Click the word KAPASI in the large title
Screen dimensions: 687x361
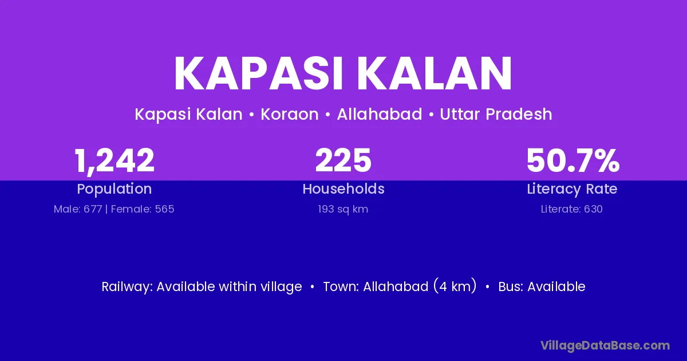[x=258, y=73]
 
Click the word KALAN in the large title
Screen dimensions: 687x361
[x=435, y=73]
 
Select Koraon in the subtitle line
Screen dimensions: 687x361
[x=290, y=114]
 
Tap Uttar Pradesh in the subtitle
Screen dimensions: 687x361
[x=496, y=114]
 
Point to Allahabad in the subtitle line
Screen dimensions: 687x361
[x=380, y=114]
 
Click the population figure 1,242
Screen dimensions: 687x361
[x=114, y=161]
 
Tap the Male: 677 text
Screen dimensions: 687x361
[x=78, y=209]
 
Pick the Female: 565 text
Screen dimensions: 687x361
[x=143, y=209]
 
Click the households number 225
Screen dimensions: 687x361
[x=343, y=160]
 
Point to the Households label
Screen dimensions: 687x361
[x=343, y=189]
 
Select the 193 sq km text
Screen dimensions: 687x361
[x=343, y=209]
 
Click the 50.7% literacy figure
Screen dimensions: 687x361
[x=573, y=160]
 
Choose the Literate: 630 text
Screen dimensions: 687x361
[x=572, y=209]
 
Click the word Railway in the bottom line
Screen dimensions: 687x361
[x=127, y=287]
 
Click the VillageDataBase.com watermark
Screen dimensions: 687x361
[x=605, y=346]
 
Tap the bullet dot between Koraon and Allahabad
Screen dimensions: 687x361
[x=327, y=115]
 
